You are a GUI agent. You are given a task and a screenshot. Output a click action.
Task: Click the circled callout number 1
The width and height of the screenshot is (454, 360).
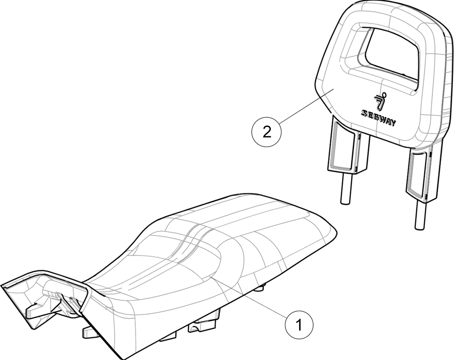point(299,324)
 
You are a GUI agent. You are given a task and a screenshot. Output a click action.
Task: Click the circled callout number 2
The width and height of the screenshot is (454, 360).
point(267,133)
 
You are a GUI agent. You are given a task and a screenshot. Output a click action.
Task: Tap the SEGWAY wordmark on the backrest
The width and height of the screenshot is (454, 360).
point(378,118)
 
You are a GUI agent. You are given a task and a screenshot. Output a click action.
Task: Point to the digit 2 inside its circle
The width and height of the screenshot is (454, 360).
point(267,133)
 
